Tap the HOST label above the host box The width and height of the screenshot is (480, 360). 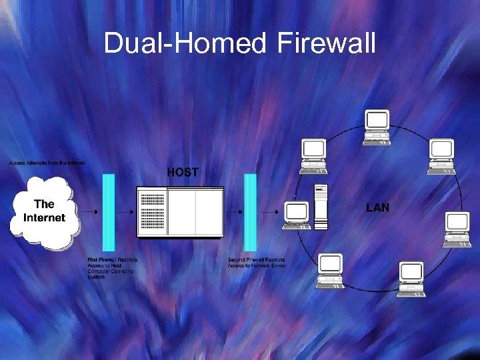point(182,172)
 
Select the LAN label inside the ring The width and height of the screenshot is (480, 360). point(377,208)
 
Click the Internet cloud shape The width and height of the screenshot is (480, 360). point(44,212)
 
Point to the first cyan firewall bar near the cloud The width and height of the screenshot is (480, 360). point(109,212)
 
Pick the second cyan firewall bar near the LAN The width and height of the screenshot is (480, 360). point(250,212)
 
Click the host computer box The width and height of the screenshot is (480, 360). point(180,212)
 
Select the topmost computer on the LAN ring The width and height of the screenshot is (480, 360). point(377,127)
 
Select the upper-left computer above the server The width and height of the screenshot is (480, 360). point(313,155)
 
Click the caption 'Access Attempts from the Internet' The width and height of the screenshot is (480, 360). point(47,163)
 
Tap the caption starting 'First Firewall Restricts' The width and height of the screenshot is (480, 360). point(111,268)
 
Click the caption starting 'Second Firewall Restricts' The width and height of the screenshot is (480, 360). point(257,262)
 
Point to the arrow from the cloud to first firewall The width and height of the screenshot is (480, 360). point(90,212)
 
